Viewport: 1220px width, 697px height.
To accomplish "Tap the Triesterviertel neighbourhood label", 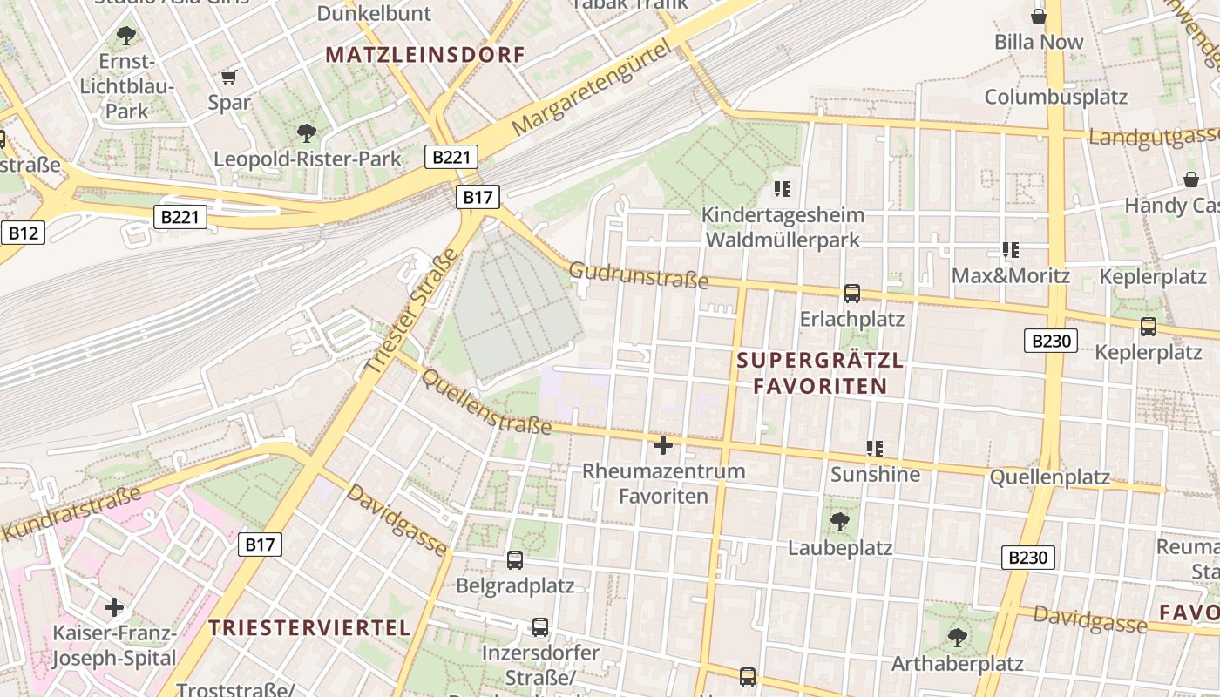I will pyautogui.click(x=309, y=627).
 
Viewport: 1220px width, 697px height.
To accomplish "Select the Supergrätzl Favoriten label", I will pyautogui.click(x=820, y=373).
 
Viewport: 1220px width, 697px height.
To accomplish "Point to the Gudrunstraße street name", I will pyautogui.click(x=639, y=276).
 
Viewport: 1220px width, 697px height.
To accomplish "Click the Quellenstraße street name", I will pyautogui.click(x=486, y=400).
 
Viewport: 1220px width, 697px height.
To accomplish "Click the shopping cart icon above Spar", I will pyautogui.click(x=229, y=77).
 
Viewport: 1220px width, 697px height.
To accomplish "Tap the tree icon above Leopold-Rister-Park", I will pyautogui.click(x=306, y=133).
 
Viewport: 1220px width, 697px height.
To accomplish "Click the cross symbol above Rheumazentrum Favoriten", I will pyautogui.click(x=663, y=446).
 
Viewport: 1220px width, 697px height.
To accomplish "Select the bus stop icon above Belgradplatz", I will pyautogui.click(x=515, y=559).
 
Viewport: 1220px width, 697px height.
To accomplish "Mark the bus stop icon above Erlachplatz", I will pyautogui.click(x=852, y=294).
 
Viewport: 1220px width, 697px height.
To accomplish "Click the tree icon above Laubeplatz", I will pyautogui.click(x=840, y=522).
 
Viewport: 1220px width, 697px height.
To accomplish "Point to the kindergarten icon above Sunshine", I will pyautogui.click(x=875, y=449).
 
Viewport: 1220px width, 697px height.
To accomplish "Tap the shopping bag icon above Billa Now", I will pyautogui.click(x=1039, y=17).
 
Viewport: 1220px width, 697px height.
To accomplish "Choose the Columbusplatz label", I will pyautogui.click(x=1056, y=97).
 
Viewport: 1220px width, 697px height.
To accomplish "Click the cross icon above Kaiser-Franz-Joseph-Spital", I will pyautogui.click(x=114, y=607).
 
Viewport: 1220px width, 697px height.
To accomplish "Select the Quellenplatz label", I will pyautogui.click(x=1049, y=477).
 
